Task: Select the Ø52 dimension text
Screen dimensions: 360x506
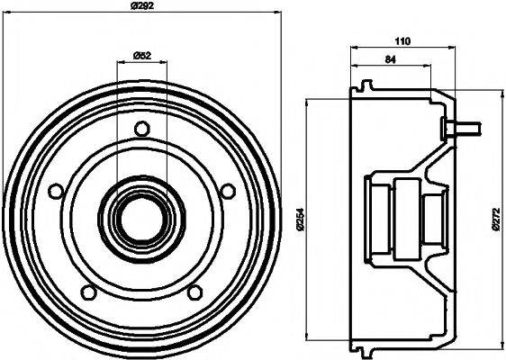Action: tap(141, 56)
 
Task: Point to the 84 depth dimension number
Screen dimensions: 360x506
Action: tap(390, 60)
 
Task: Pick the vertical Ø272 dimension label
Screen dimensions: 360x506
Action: tap(494, 219)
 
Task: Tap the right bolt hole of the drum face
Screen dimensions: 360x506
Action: tap(227, 191)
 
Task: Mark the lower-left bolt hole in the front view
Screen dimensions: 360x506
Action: tap(88, 292)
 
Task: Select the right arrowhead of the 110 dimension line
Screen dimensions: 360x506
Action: tap(454, 49)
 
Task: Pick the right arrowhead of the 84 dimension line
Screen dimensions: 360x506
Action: tap(430, 67)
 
